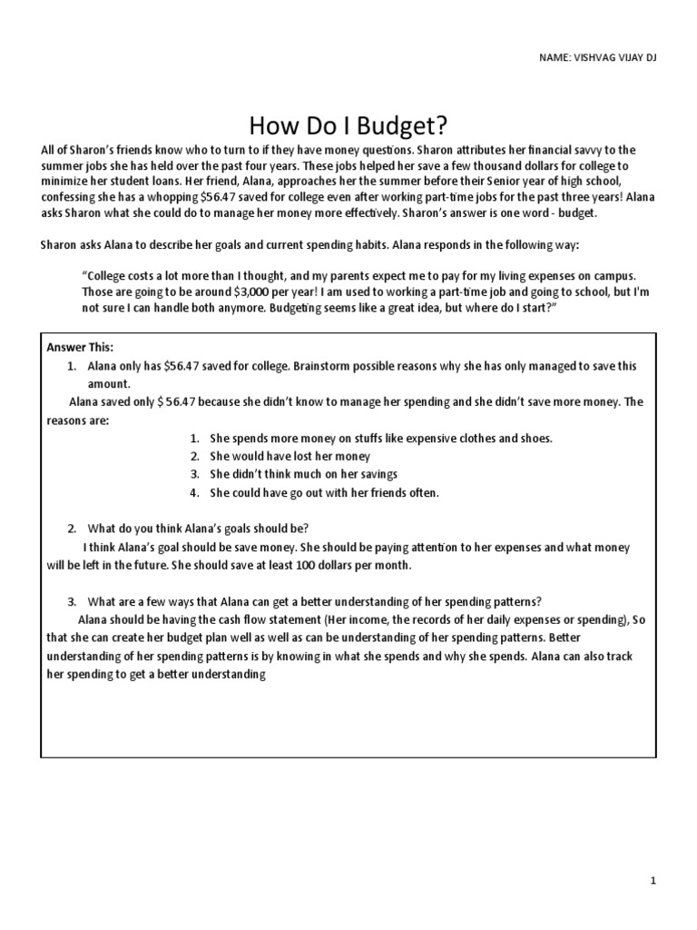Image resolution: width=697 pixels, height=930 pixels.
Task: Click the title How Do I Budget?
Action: coord(348,124)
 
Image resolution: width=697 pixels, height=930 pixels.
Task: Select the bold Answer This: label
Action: coord(80,347)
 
